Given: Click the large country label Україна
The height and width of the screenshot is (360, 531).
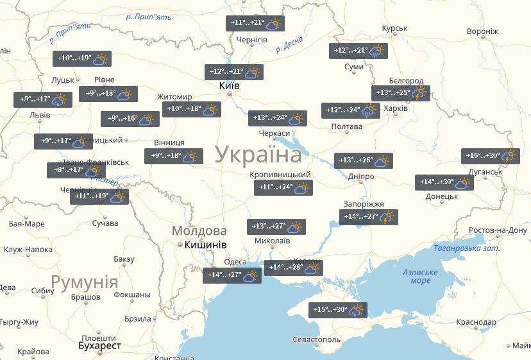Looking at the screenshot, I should click(x=258, y=155).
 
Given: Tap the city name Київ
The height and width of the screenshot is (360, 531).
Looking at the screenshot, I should click(x=229, y=85).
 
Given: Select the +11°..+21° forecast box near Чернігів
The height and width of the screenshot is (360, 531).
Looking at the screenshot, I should click(x=256, y=24).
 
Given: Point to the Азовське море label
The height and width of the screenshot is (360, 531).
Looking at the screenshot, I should click(x=420, y=277).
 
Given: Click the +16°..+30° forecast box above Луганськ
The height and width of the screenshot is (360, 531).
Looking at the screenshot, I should click(x=490, y=156).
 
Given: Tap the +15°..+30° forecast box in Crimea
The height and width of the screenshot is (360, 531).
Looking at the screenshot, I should click(x=338, y=310).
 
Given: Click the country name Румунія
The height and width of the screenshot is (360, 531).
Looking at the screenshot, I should click(x=84, y=282).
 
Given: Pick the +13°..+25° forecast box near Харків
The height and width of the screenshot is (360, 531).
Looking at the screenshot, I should click(x=400, y=93).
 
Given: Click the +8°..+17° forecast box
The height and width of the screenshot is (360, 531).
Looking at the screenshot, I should click(x=76, y=171).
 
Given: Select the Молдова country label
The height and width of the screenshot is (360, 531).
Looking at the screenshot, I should click(x=199, y=231).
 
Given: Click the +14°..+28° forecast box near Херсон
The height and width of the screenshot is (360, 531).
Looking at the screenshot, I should click(x=293, y=268).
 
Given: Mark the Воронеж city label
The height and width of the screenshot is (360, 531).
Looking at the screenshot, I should click(x=482, y=31).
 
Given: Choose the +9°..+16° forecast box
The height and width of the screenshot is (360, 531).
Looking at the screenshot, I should click(x=130, y=119).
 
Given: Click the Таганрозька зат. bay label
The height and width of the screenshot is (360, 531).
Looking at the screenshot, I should click(x=466, y=248).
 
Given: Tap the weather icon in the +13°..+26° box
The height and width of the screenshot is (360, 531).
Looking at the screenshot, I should click(x=382, y=160).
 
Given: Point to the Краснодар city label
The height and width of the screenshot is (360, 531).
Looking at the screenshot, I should click(x=476, y=322).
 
